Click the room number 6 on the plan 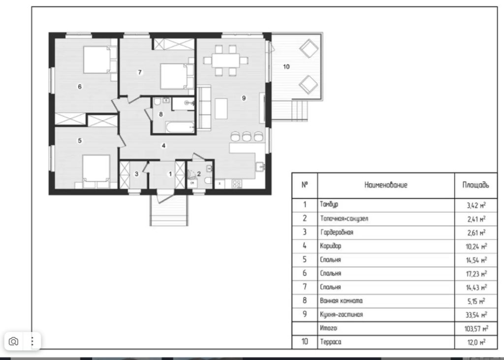[x=80, y=87]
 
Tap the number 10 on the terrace [x=286, y=66]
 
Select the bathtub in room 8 [x=180, y=127]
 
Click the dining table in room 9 [x=225, y=61]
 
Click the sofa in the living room [x=203, y=108]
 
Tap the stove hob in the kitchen [x=237, y=184]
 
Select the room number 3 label [x=137, y=174]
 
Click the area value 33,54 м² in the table [x=476, y=315]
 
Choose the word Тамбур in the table [x=329, y=204]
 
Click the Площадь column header [x=476, y=185]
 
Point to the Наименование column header [x=386, y=185]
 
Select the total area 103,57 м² [x=476, y=328]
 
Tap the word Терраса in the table [x=330, y=342]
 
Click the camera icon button [x=13, y=341]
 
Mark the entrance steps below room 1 [x=169, y=210]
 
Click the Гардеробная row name [x=337, y=232]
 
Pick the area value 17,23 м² [x=476, y=274]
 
